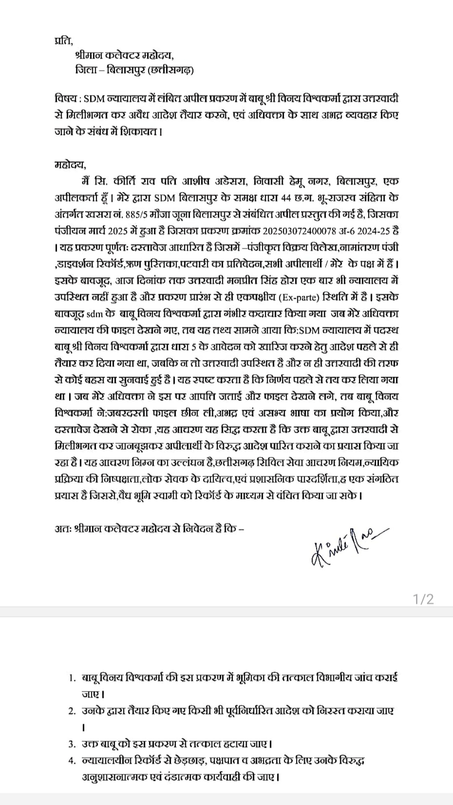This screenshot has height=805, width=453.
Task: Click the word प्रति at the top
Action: click(63, 41)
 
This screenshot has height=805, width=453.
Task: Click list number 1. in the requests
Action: click(73, 678)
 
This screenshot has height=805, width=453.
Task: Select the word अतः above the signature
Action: click(62, 529)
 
